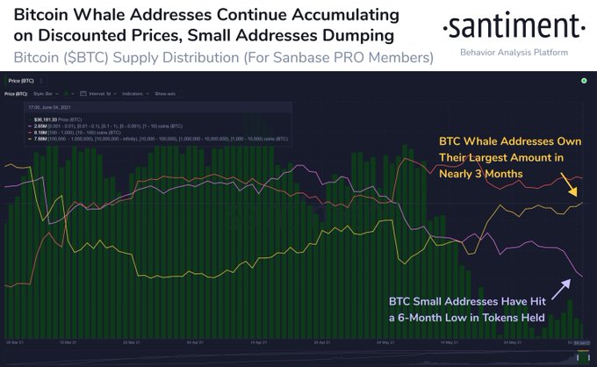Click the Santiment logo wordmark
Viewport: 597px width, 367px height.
click(512, 26)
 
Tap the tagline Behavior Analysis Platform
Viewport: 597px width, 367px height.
click(513, 54)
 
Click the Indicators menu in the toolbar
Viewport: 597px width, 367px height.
click(134, 93)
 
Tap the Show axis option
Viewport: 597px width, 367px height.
click(166, 93)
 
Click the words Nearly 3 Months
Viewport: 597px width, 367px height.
click(480, 173)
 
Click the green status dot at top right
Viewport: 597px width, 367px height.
click(583, 80)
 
